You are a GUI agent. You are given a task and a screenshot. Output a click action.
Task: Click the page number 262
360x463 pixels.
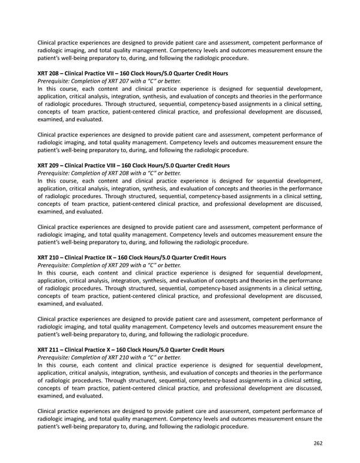(317, 443)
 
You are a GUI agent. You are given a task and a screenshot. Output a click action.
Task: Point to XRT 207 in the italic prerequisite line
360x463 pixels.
(120, 80)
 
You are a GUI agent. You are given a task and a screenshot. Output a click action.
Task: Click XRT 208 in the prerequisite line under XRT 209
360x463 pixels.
(120, 173)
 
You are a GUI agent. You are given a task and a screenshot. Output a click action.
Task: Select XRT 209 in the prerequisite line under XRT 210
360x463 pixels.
(120, 265)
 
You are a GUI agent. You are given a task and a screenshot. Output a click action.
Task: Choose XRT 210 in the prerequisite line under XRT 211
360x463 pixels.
(120, 357)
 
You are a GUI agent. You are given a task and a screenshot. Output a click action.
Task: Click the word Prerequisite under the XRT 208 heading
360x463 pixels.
(54, 80)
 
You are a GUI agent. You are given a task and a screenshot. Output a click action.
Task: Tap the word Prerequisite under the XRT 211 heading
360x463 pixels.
(54, 357)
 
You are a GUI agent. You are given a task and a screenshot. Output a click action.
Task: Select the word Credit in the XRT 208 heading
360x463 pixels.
(202, 73)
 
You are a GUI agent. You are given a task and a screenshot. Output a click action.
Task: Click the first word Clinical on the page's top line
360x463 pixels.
(48, 43)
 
